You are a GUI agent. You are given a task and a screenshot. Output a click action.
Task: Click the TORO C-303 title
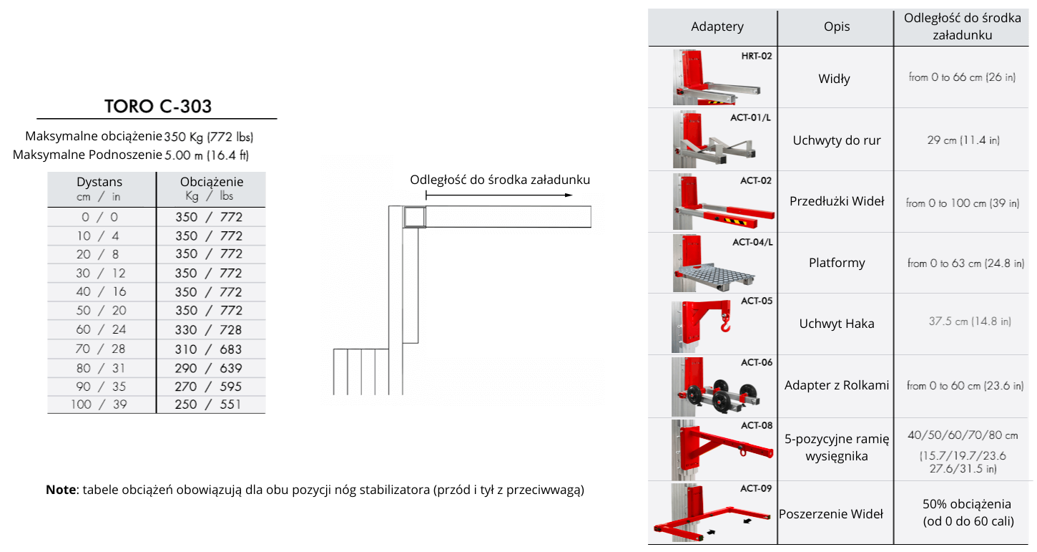158,107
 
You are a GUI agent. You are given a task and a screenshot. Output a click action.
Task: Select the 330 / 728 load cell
210,330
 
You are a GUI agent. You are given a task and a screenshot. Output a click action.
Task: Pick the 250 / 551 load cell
210,405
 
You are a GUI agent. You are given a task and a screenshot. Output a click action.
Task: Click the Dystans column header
99,183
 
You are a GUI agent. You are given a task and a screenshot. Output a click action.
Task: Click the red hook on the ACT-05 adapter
726,326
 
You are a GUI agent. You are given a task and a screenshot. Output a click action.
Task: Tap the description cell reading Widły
834,79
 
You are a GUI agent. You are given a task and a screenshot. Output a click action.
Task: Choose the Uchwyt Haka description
836,324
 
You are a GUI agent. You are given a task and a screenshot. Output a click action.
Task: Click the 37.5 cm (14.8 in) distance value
970,322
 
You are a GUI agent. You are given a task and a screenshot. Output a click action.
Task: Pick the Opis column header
836,26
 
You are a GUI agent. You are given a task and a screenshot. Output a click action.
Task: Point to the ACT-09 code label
756,489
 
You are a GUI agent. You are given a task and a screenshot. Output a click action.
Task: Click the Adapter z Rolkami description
836,385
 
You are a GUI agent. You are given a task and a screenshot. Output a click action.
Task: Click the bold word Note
60,490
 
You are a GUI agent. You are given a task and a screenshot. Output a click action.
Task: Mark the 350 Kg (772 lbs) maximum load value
209,137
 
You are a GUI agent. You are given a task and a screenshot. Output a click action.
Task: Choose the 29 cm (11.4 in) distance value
963,140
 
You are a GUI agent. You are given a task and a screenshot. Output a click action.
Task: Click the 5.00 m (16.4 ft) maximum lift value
207,155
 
